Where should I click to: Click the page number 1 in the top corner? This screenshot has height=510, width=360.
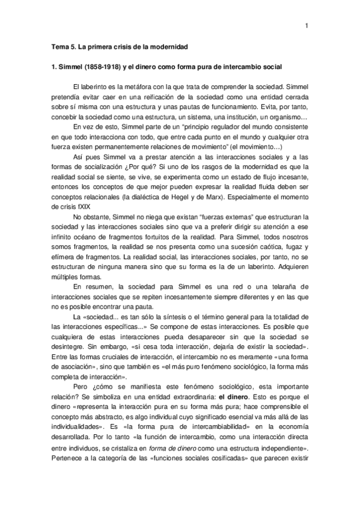click(307, 25)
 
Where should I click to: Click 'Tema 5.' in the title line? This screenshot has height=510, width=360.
click(62, 46)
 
